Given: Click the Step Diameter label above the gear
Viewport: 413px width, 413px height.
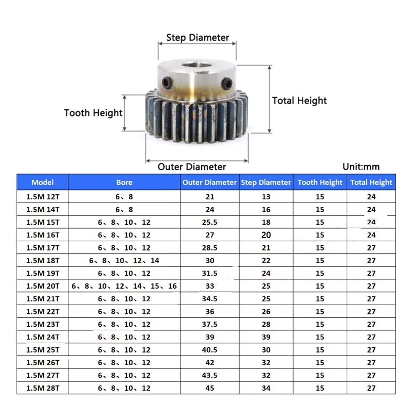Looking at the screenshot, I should point(197,38).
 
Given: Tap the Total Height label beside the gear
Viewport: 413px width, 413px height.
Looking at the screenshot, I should point(299,100).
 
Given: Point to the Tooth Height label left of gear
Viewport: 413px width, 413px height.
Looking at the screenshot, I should point(93,113).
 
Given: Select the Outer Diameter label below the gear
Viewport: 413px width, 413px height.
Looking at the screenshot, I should point(192,167).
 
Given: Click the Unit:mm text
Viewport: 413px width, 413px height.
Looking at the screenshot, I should point(361,166).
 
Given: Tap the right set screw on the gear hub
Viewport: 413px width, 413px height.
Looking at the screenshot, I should point(226,83).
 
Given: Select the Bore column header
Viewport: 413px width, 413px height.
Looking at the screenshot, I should point(124,182).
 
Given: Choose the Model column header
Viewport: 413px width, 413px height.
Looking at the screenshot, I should point(43,182).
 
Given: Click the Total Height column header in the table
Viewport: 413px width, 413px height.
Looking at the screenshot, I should point(371,182).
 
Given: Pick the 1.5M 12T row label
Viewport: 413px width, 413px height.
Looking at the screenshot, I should point(43,197).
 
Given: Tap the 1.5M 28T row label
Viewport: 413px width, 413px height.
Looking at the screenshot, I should point(43,388).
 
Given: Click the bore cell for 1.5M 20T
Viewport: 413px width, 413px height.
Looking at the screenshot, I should point(124,286).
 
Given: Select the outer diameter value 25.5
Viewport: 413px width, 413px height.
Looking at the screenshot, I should point(210,222).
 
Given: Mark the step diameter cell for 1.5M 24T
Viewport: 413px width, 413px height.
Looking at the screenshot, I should point(266,337).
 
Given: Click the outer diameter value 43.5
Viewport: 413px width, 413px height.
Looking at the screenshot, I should point(210,375).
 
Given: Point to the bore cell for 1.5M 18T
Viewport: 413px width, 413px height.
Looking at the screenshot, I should point(124,260).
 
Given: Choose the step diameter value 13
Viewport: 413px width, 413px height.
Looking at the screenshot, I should point(266,197).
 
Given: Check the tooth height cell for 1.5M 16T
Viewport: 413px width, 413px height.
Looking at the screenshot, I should point(320,235).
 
